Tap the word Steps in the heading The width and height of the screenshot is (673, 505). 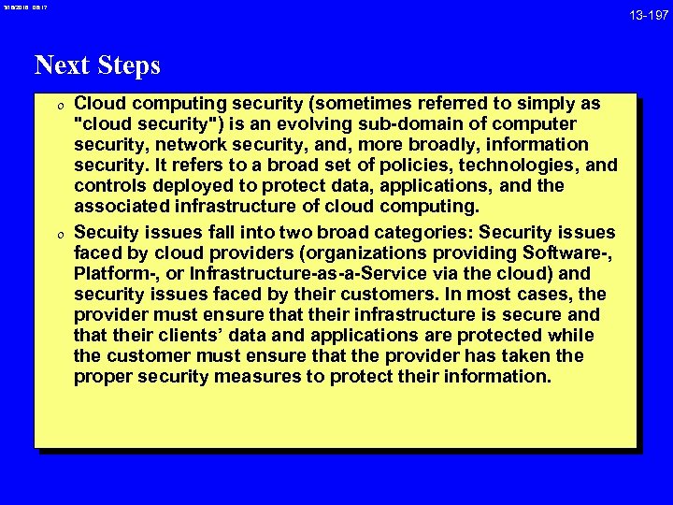point(126,66)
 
